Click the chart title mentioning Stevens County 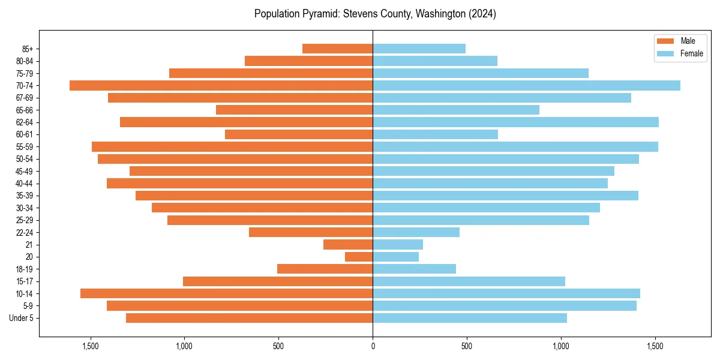[375, 14]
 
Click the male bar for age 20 [359, 257]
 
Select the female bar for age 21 [398, 244]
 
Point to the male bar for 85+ [337, 49]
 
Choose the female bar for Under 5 [470, 318]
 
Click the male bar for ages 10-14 [226, 293]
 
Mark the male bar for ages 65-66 [294, 110]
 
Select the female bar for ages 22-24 [416, 232]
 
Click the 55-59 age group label [24, 147]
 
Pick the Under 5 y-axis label [22, 318]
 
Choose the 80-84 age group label [24, 61]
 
